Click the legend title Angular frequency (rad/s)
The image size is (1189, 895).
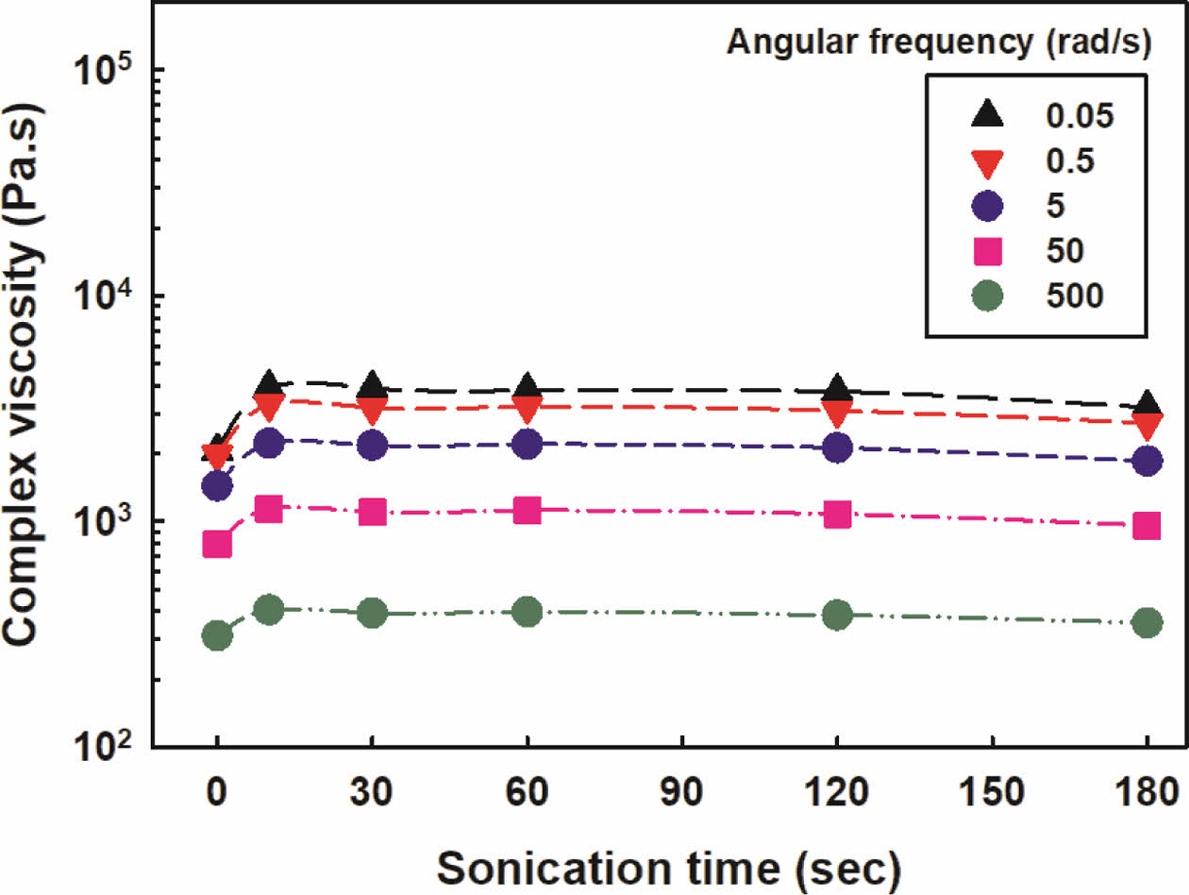(938, 42)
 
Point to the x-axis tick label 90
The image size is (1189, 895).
(681, 790)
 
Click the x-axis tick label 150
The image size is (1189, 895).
(992, 790)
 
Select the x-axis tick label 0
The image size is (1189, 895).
(217, 790)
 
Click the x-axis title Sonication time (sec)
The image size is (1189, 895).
(671, 865)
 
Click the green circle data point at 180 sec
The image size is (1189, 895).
(1147, 623)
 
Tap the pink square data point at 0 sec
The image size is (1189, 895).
(217, 545)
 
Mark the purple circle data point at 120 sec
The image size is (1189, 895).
(837, 448)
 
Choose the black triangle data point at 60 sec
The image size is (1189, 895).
(528, 387)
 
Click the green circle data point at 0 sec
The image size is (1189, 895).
(217, 636)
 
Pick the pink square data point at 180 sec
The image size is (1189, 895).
(1147, 526)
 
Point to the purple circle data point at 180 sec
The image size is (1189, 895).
(1147, 461)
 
